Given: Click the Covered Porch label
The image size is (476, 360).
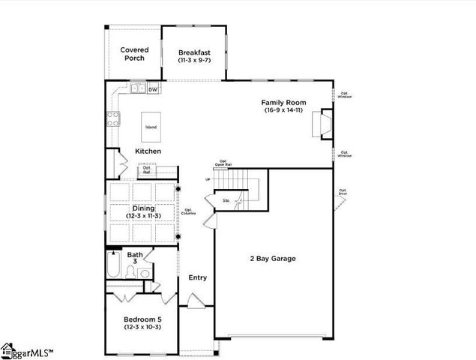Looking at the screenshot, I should [x=135, y=54].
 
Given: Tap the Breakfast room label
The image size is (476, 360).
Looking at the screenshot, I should [x=195, y=53].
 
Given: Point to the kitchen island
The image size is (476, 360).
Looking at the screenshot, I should [x=151, y=127].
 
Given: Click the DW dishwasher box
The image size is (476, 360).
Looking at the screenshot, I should [x=152, y=90].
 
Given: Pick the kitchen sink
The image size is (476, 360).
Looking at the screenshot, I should [x=138, y=89].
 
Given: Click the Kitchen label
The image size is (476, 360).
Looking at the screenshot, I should [x=148, y=151].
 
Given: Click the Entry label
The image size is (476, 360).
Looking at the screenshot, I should [x=197, y=277].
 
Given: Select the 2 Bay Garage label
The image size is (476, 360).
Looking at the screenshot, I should [x=273, y=259].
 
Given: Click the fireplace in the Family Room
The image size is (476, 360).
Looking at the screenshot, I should [x=326, y=124].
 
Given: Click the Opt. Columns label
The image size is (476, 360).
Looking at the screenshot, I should [x=189, y=212].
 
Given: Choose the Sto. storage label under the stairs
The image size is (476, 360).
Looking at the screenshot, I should [x=226, y=200].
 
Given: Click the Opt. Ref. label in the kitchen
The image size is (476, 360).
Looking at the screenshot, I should [x=147, y=170].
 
